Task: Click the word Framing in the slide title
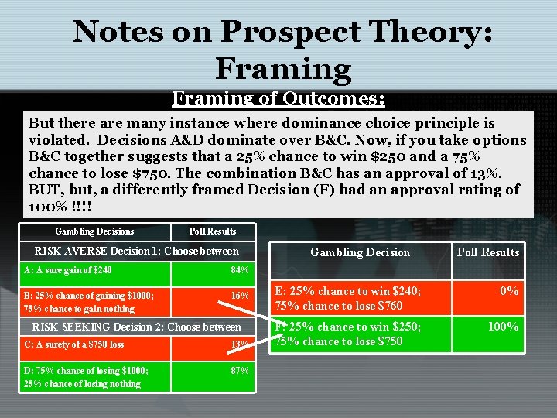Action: [283, 68]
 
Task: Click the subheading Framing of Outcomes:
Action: [278, 98]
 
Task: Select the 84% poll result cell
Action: [240, 270]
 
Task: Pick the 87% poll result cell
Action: [240, 370]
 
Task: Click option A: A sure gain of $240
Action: [68, 270]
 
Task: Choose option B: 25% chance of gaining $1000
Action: [89, 295]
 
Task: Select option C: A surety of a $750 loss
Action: [74, 344]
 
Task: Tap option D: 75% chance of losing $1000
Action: [86, 370]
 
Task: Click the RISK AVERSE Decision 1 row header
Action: [137, 251]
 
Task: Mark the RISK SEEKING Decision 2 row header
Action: [137, 327]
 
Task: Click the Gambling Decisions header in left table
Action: [94, 231]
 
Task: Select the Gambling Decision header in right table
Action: [360, 252]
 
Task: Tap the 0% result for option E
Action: [508, 291]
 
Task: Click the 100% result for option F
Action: [502, 327]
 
